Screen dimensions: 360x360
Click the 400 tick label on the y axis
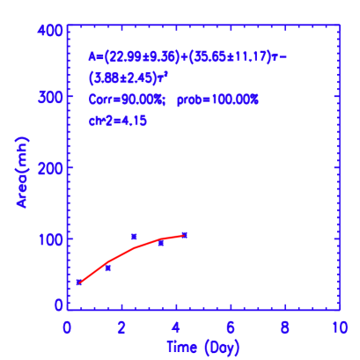pos(50,31)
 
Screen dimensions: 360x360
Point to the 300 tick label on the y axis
pos(50,98)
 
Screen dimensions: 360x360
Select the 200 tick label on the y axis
pos(50,166)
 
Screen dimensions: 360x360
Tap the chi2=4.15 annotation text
pos(115,120)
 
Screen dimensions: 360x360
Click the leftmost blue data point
pos(79,282)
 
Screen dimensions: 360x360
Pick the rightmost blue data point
pos(184,235)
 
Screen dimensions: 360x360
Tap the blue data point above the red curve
pos(134,236)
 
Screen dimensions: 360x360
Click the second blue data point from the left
pos(107,268)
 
